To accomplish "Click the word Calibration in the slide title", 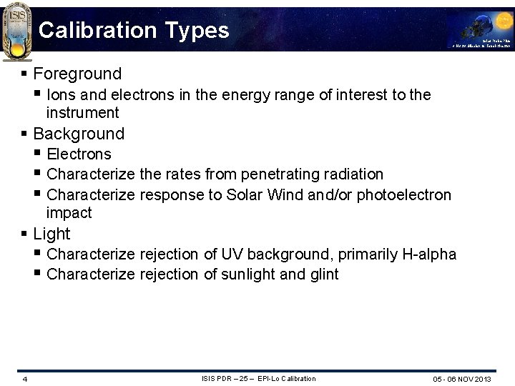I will [97, 30].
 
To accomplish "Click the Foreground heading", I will [77, 74].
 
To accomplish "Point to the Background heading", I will [79, 134].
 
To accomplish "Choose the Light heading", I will [51, 234].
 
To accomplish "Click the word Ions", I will [61, 94].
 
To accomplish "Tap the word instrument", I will [82, 113].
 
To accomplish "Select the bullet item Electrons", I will [79, 154].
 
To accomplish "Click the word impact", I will [69, 213].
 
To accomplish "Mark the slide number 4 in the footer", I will [24, 379].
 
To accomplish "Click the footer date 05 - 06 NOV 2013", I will [461, 379].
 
